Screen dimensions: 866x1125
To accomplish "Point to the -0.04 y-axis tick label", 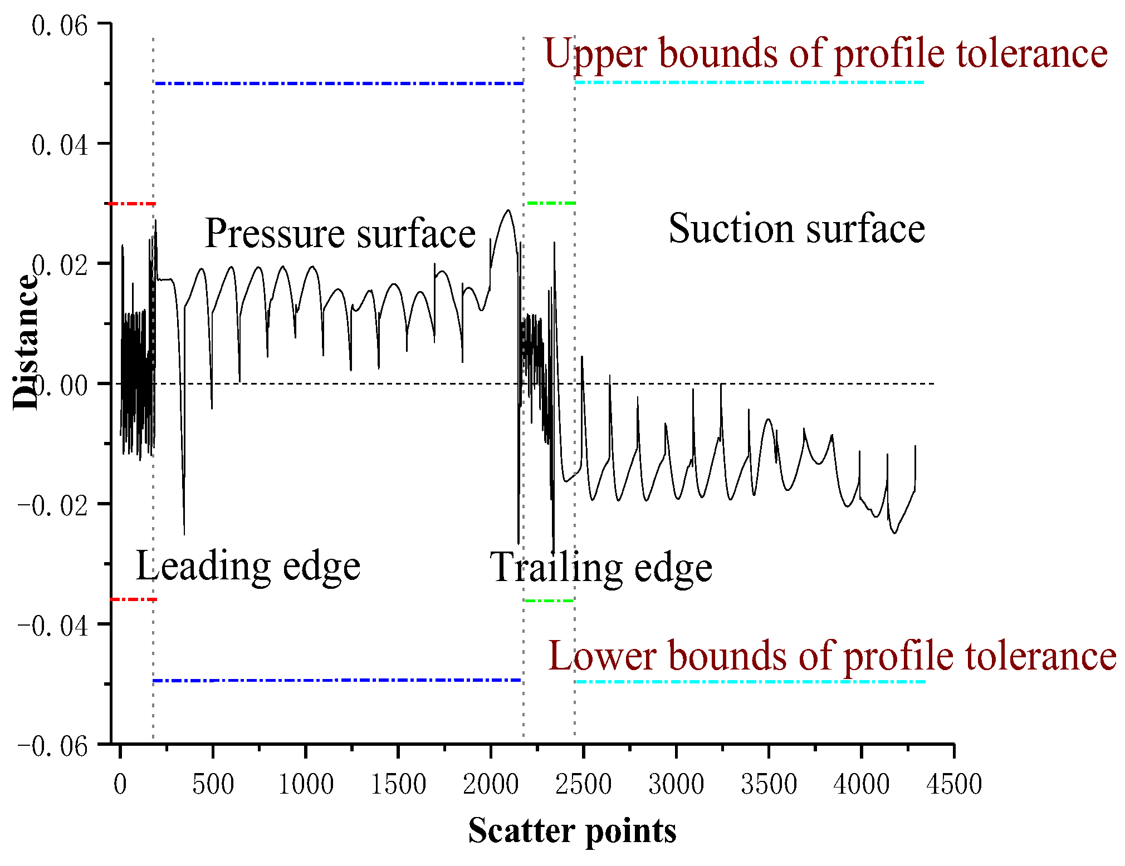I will coord(53,626).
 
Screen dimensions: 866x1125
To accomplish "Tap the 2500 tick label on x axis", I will coord(583,784).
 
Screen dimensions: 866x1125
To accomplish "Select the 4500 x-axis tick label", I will coord(953,784).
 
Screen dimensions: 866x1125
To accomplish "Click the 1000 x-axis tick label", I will coord(305,784).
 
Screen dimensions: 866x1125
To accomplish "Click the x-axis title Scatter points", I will coord(572,830).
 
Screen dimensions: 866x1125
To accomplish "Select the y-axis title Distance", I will coord(25,342).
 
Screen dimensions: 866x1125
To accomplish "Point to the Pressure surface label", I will coord(340,233).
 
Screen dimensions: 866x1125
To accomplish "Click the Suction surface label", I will coord(796,228).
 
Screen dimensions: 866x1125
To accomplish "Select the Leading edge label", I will coord(248,566).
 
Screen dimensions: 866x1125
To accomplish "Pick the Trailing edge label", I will coord(600,568).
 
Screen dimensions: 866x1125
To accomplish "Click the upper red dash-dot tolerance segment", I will coord(133,204).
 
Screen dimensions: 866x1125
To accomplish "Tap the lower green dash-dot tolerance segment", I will coord(549,601).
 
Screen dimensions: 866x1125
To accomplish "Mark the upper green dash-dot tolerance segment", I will coord(551,203).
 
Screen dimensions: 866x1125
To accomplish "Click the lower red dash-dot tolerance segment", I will coord(134,599).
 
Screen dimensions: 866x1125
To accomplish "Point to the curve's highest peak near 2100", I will coord(507,210).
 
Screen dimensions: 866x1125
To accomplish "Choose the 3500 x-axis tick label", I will coord(769,784).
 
